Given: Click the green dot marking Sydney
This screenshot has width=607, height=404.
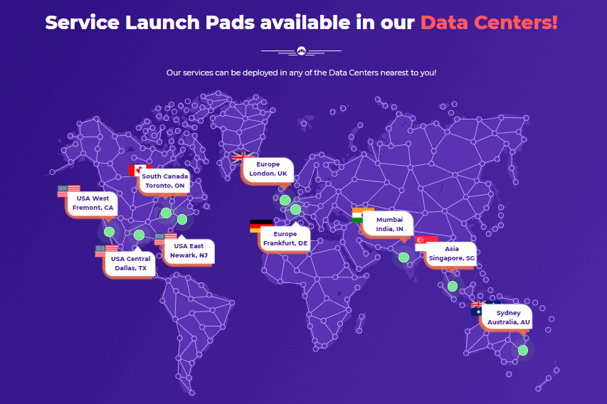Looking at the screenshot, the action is point(523,350).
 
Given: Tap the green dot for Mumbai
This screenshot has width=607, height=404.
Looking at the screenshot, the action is point(403,257).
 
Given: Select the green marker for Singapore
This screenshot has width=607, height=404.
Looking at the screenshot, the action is point(453,287).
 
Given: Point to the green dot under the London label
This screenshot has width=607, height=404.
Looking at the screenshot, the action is point(285,200).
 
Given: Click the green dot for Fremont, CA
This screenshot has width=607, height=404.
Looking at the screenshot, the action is point(109,232).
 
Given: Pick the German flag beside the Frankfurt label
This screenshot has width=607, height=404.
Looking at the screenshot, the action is point(261,226).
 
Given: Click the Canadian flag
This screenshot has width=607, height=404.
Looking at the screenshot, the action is point(139,170).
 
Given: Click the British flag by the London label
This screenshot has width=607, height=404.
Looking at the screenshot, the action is point(243,158).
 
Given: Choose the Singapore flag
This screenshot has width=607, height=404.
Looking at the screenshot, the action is point(426,243).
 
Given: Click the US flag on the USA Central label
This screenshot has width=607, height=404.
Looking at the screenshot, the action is point(107,251).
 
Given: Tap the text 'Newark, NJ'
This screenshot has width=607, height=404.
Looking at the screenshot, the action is point(189,255).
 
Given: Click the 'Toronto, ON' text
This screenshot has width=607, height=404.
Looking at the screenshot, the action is point(165,186).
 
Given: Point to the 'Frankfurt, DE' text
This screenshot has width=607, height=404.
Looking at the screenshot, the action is point(285,243).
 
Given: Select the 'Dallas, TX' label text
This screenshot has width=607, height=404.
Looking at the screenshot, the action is point(131,268).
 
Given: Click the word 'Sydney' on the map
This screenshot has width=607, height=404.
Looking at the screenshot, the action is point(508,313).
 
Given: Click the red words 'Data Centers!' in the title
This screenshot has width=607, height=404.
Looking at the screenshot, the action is point(490,23).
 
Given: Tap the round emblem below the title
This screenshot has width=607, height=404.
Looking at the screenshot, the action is point(302,51).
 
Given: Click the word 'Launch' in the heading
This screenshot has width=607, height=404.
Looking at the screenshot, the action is point(162,23).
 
